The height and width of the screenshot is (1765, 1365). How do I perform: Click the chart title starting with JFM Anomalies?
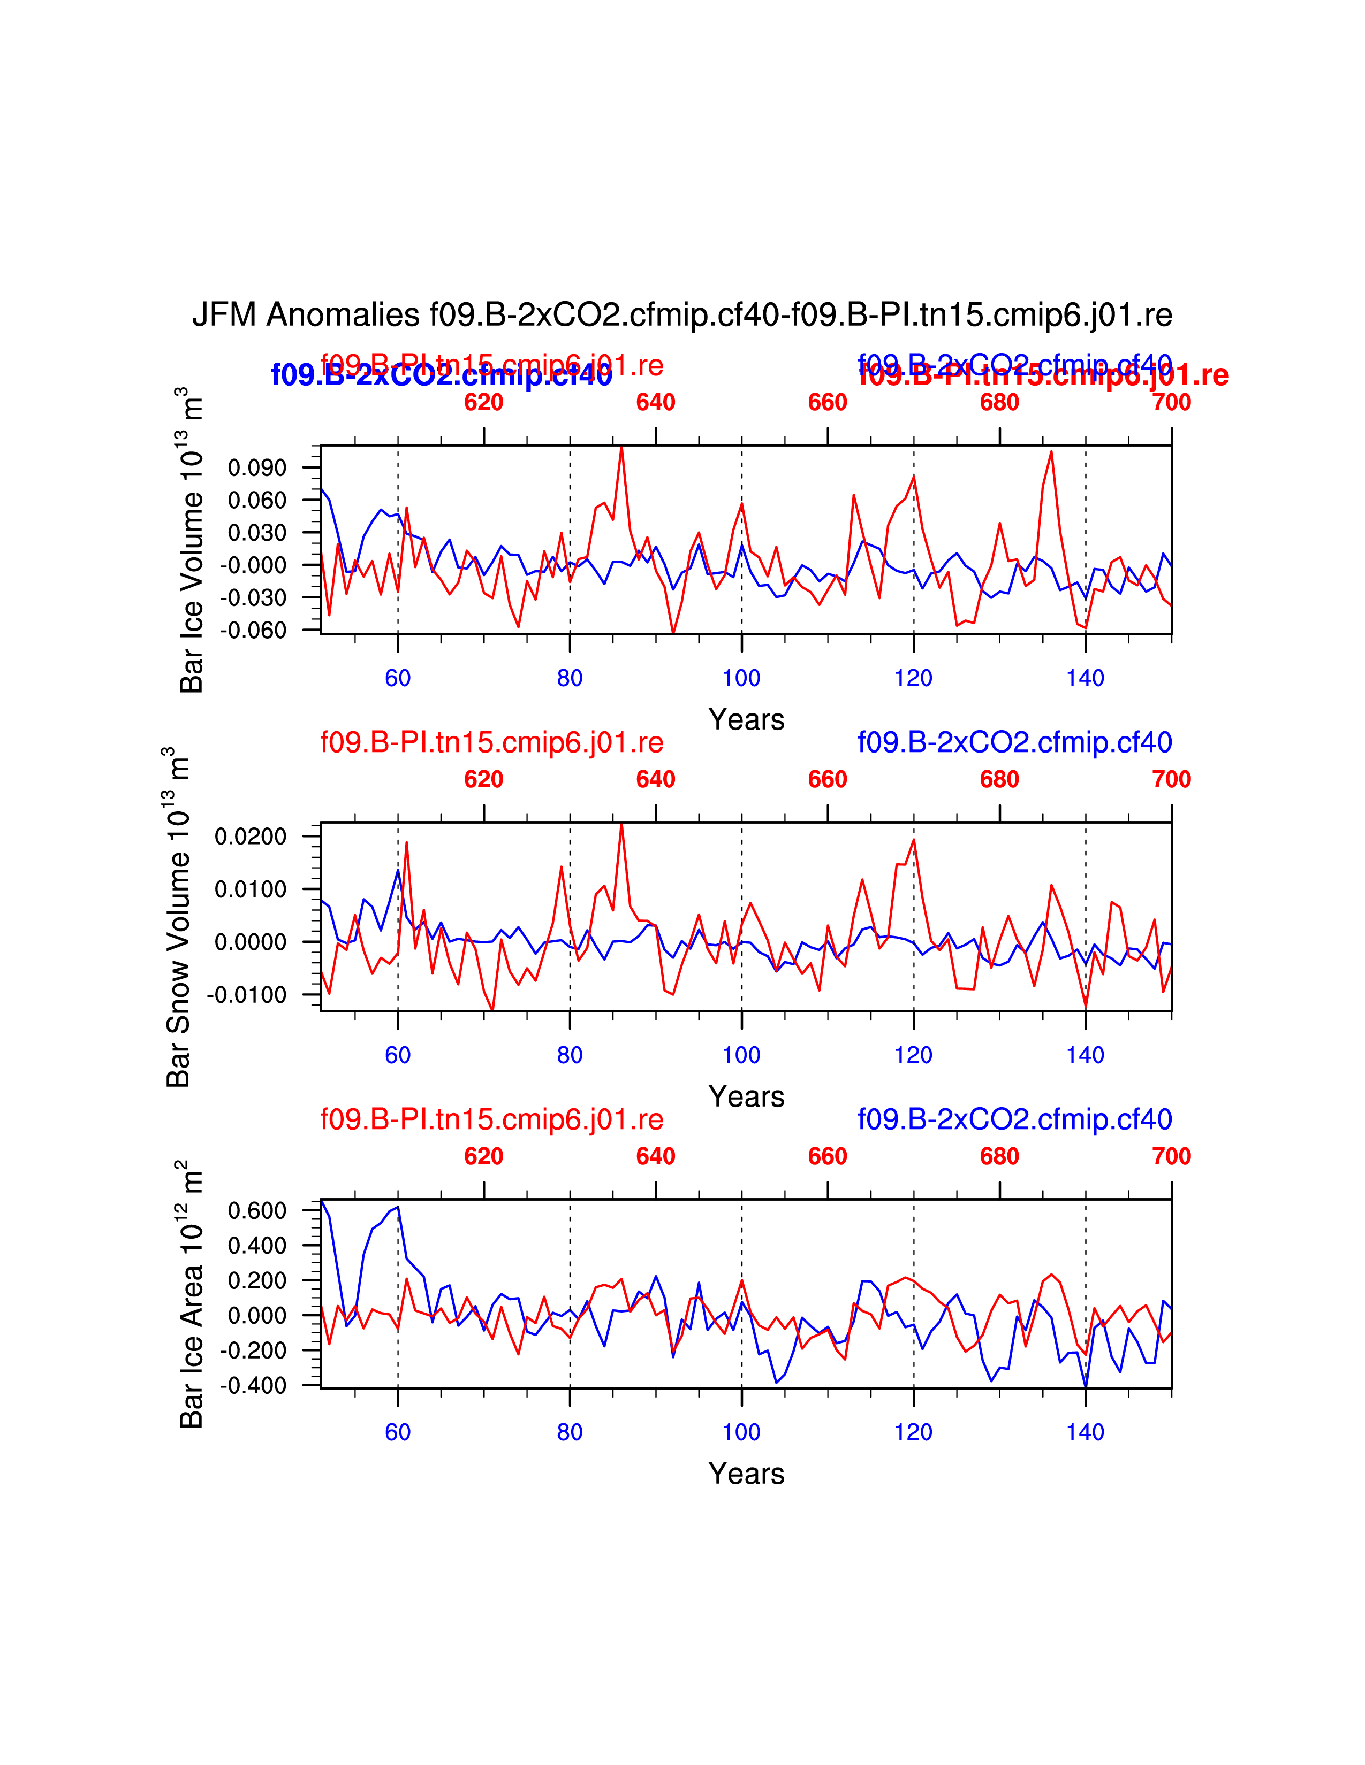[681, 314]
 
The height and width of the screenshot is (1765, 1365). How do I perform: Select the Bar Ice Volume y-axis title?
[192, 540]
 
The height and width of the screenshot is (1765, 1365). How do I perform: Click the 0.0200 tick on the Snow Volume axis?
[251, 837]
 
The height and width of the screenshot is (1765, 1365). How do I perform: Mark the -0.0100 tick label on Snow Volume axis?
[247, 995]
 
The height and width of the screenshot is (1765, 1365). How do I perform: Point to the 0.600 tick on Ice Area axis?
[257, 1210]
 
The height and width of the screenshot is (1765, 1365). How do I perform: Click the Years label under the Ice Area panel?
[746, 1474]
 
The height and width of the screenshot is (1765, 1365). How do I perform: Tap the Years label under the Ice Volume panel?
[746, 719]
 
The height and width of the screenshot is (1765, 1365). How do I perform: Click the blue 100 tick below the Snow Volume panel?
[741, 1055]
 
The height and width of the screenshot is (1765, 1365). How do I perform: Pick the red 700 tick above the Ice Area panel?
[1171, 1156]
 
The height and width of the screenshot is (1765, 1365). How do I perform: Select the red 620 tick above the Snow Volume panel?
[483, 779]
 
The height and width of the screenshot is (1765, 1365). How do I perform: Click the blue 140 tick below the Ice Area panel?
[1085, 1432]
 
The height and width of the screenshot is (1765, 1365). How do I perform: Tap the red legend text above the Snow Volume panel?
[491, 742]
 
